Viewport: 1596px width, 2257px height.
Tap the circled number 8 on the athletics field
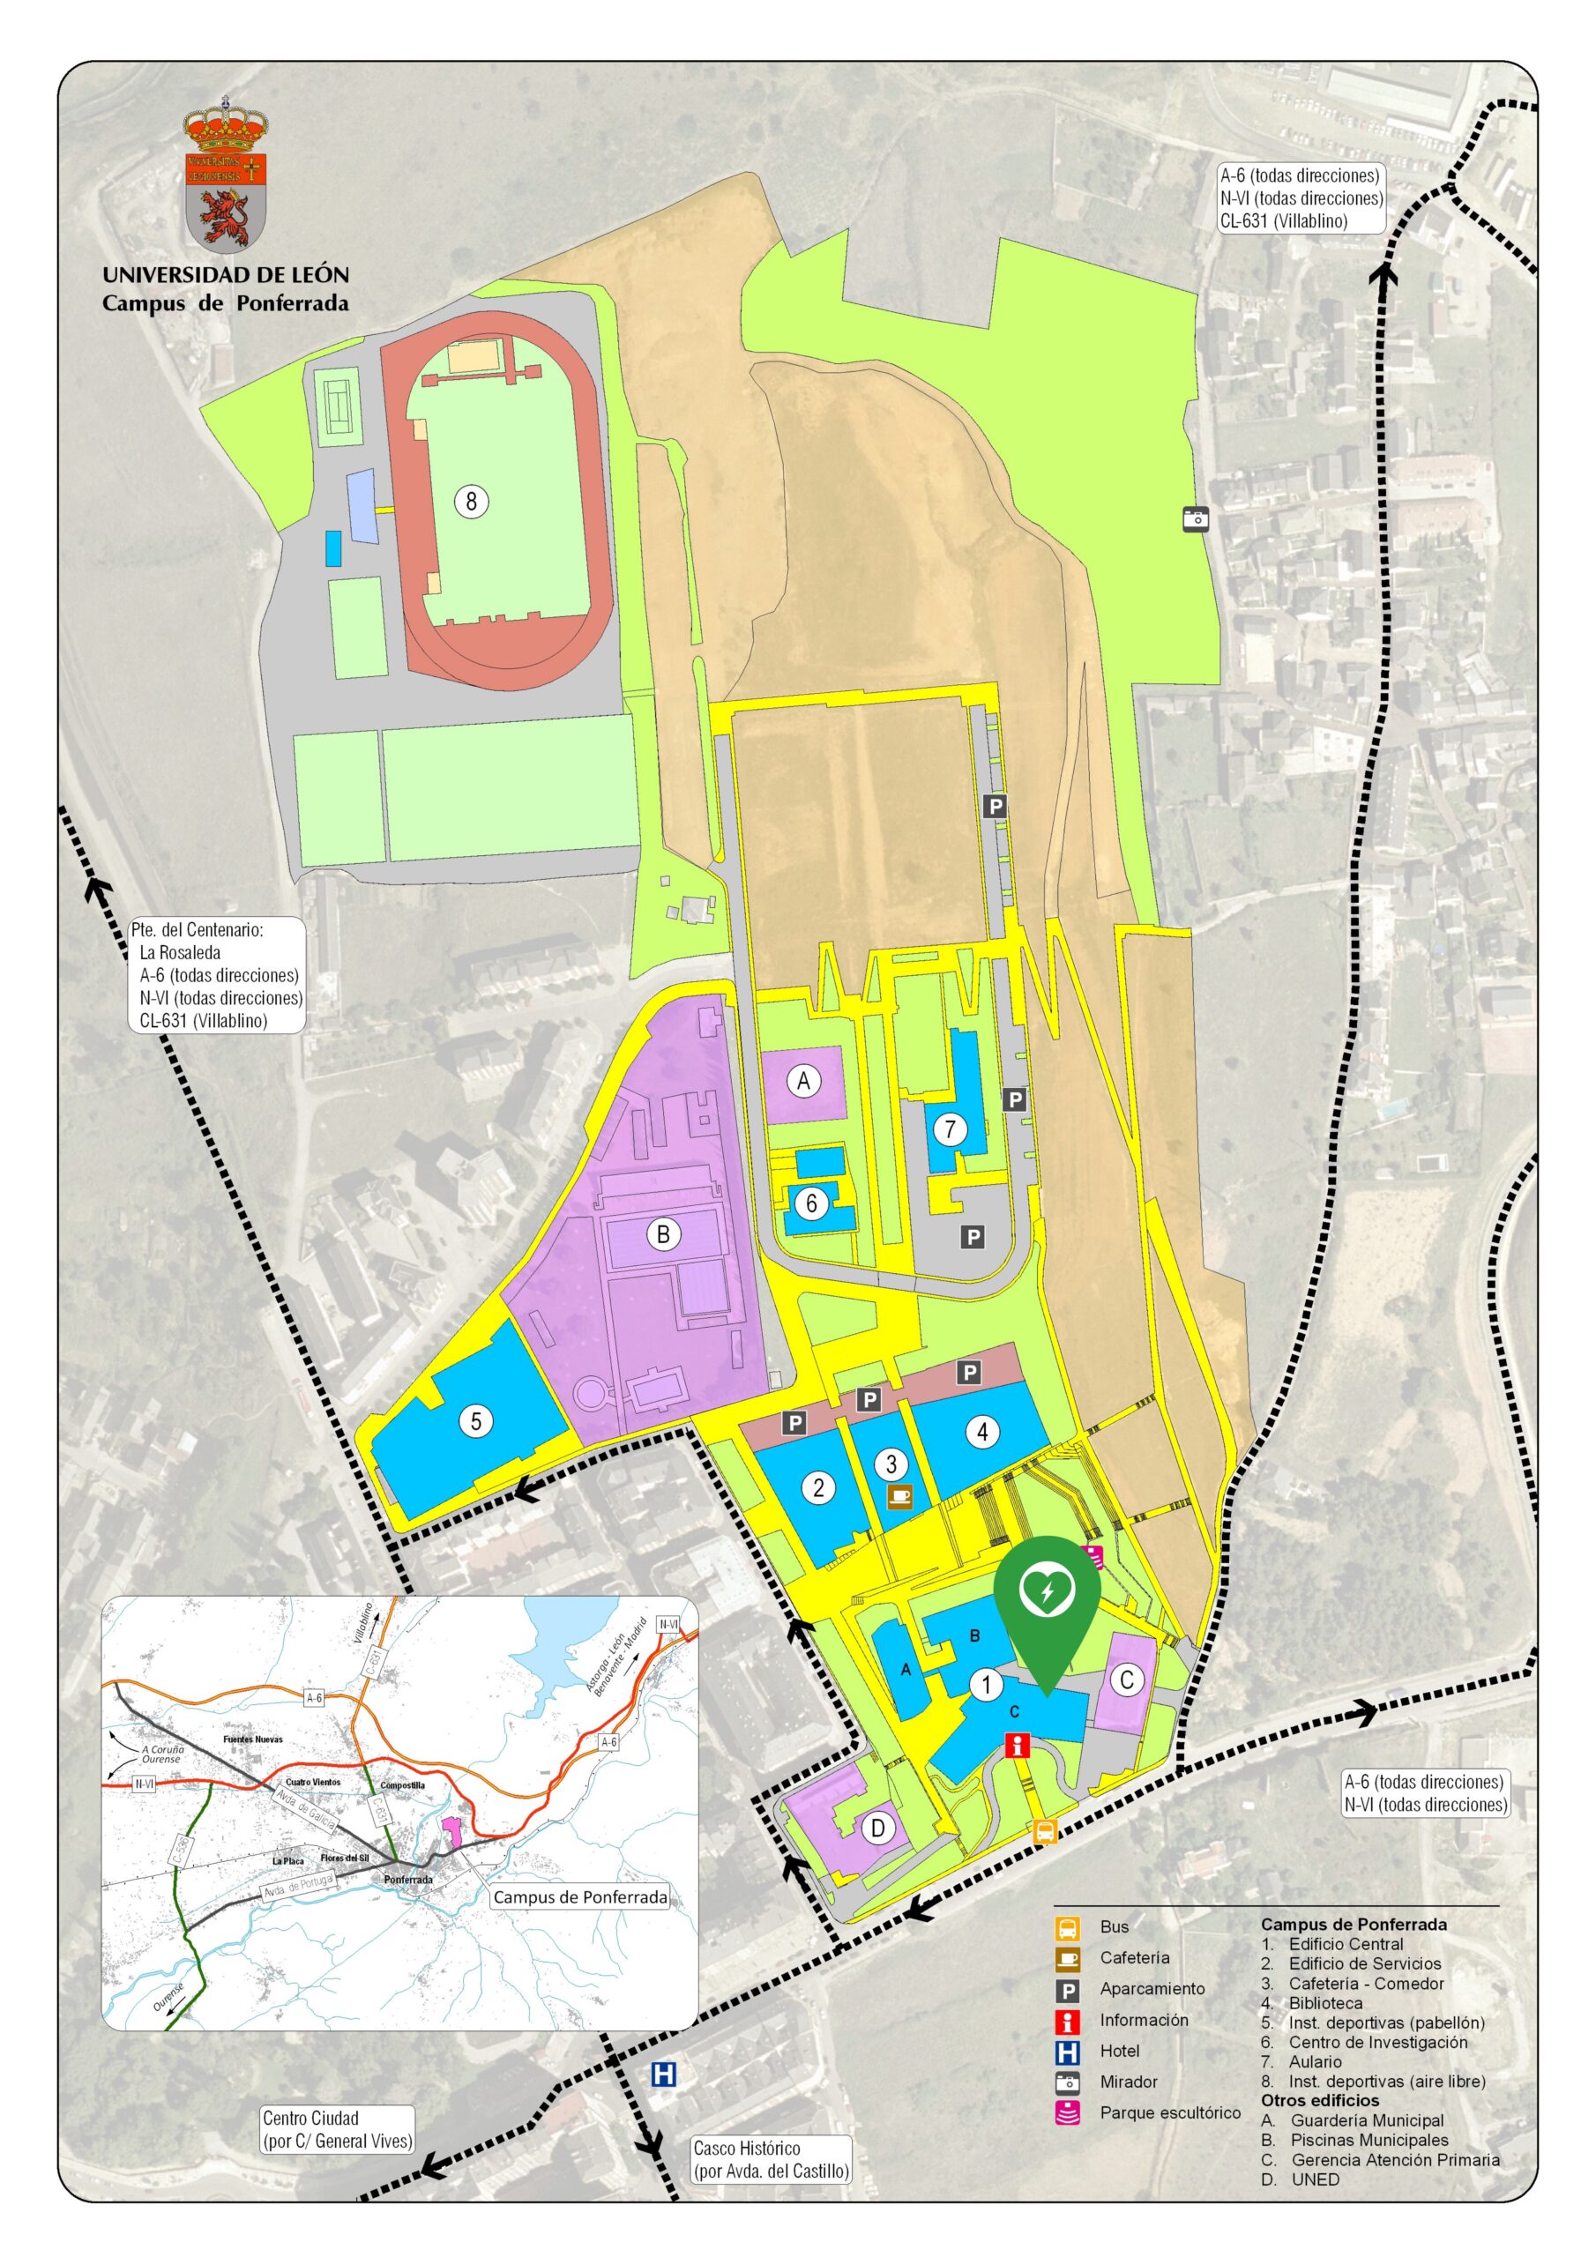coord(471,502)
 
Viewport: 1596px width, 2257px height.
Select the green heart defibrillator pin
coord(1047,1592)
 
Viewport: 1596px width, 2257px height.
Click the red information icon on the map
coord(1018,1745)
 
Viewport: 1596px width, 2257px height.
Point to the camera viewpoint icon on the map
coord(1195,518)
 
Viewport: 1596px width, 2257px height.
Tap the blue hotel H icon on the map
coord(664,2075)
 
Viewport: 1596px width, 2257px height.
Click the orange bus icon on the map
coord(1044,1831)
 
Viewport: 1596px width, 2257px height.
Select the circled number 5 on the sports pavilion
coord(477,1420)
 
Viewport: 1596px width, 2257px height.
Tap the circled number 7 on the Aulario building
coord(950,1129)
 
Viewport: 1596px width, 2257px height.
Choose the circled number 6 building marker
coord(812,1203)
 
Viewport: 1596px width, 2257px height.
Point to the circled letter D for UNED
coord(878,1829)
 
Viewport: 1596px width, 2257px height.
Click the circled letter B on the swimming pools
coord(663,1233)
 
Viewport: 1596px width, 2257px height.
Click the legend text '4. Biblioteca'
coord(1313,2002)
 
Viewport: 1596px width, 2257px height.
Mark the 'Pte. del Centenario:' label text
coord(197,929)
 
